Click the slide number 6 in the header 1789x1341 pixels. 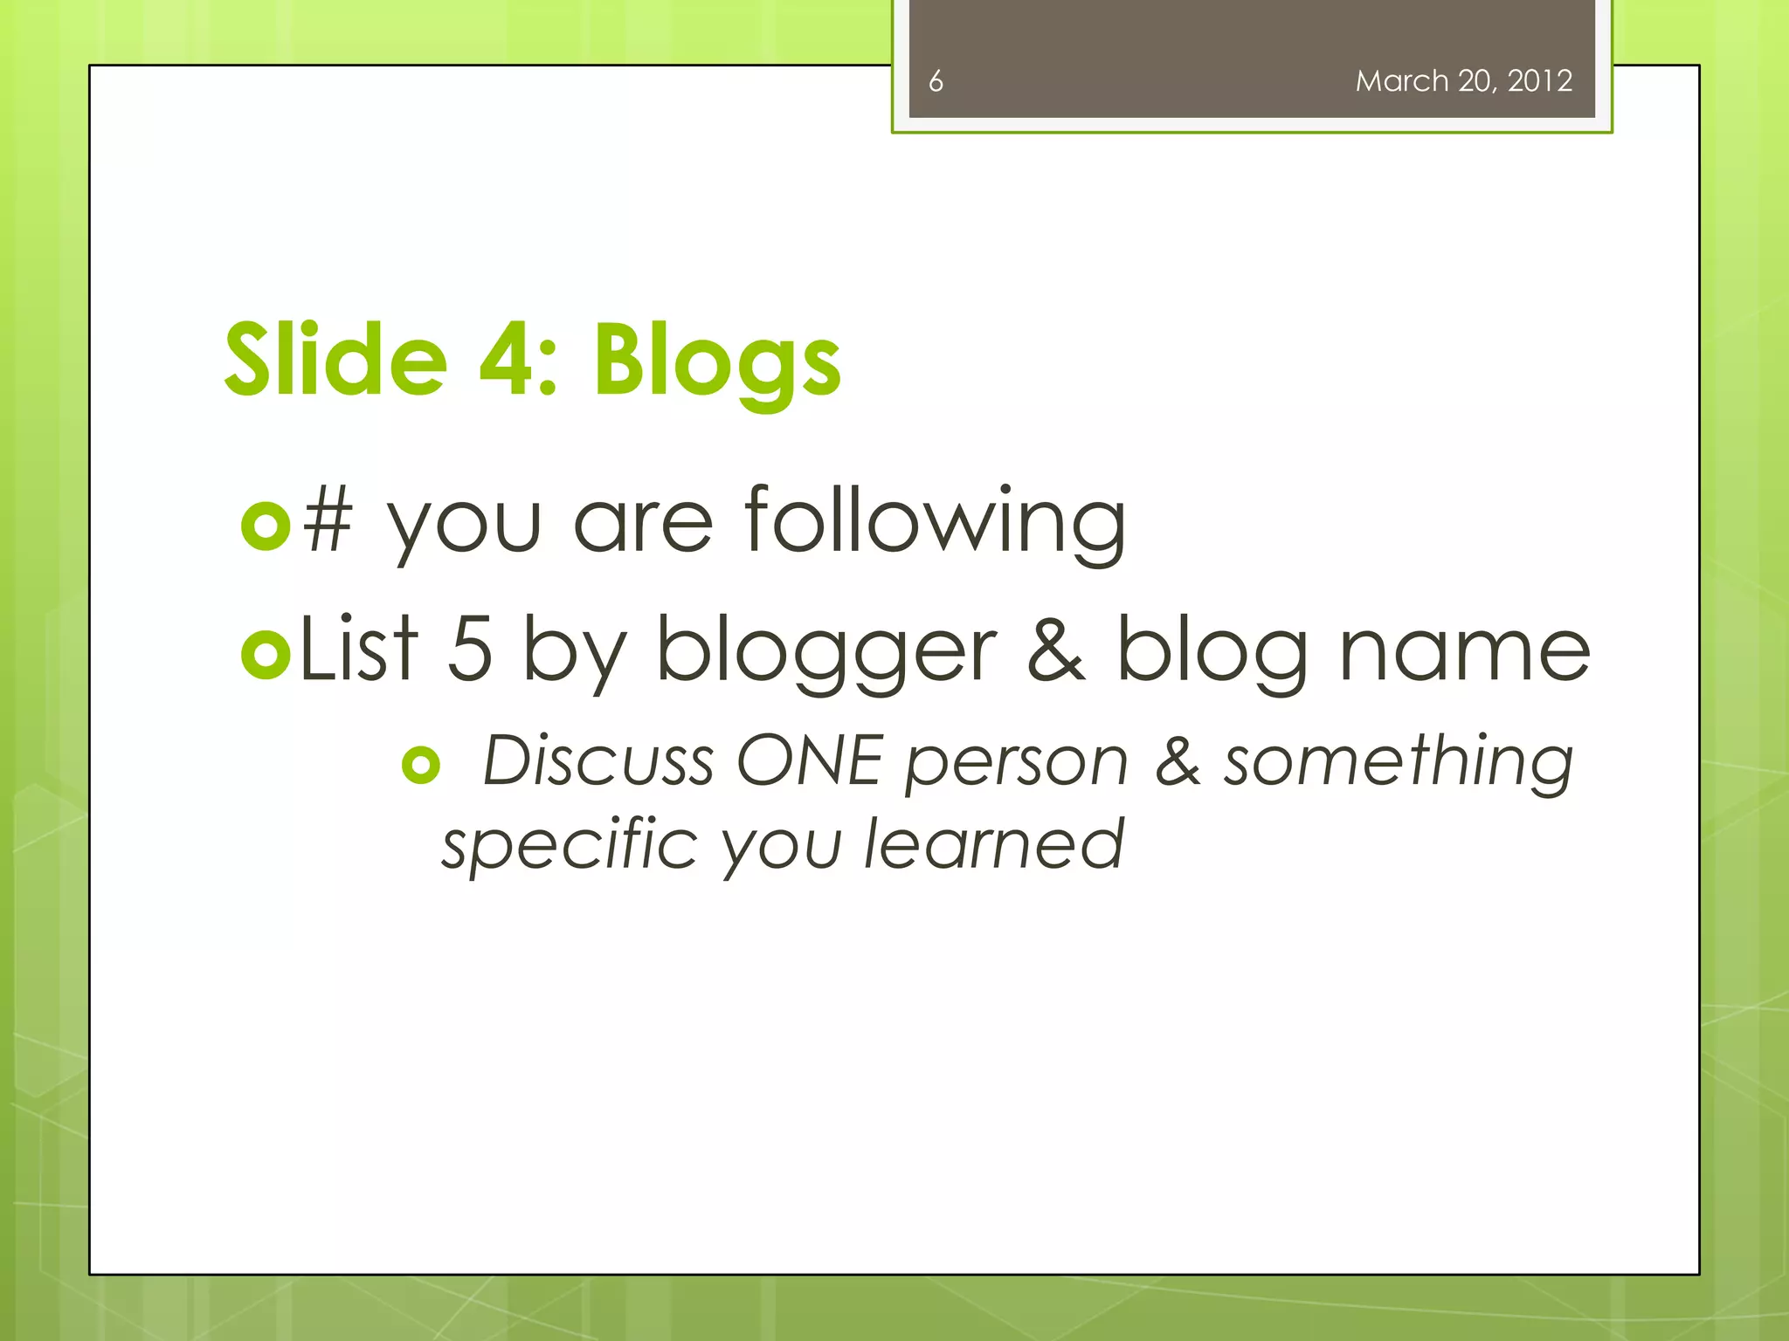[936, 81]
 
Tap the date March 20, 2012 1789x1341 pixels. [1463, 81]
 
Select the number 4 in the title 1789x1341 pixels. [507, 360]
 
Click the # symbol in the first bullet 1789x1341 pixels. [328, 523]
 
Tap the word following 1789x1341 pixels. [935, 523]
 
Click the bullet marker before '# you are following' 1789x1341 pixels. [265, 526]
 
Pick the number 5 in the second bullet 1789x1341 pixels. [470, 650]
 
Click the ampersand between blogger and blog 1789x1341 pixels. [1056, 650]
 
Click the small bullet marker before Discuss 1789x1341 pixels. [421, 766]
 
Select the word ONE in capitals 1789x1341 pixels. [809, 760]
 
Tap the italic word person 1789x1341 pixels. [1017, 762]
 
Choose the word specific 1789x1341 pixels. [569, 845]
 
